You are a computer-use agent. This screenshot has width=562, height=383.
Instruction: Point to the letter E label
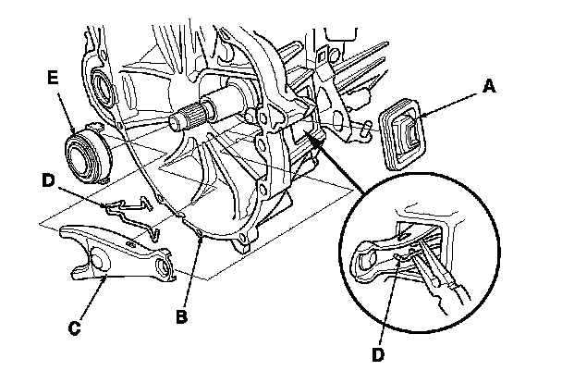click(55, 81)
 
